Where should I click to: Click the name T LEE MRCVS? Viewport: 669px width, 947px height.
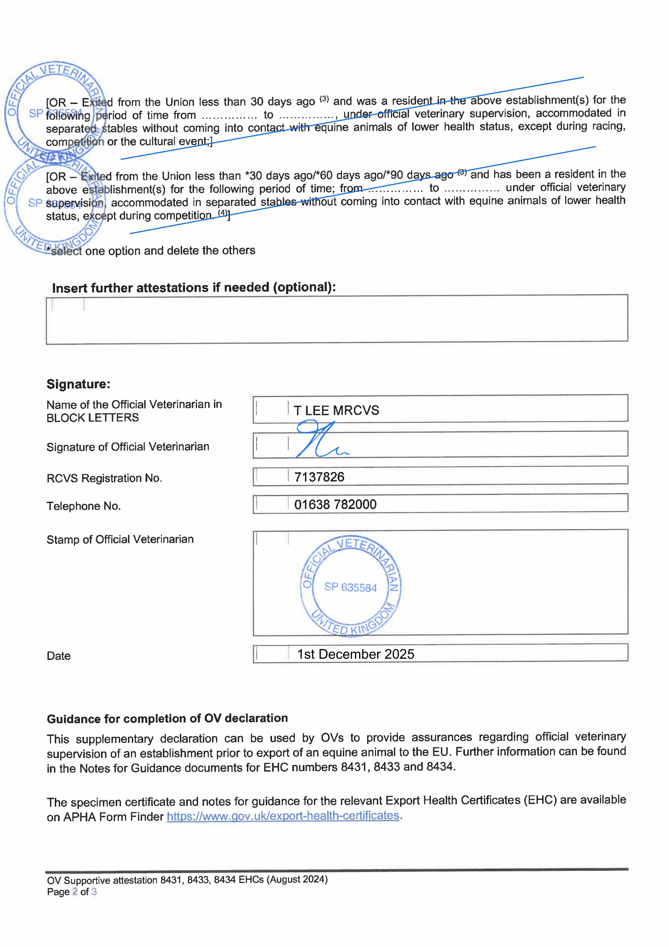pyautogui.click(x=336, y=410)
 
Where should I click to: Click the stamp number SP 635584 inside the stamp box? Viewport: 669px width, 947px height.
pyautogui.click(x=350, y=587)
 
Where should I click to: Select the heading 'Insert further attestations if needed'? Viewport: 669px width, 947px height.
pyautogui.click(x=194, y=288)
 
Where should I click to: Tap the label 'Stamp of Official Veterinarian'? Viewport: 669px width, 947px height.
pyautogui.click(x=120, y=539)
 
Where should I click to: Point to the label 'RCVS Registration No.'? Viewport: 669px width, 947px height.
pyautogui.click(x=104, y=478)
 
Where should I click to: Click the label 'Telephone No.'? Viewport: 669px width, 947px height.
pyautogui.click(x=84, y=506)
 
